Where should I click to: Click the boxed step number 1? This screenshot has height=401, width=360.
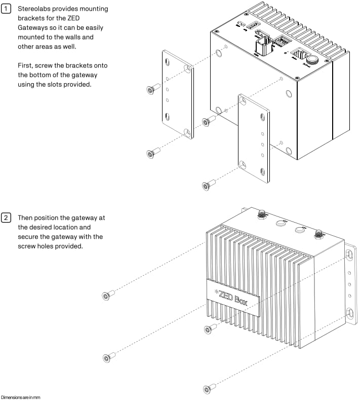(6, 10)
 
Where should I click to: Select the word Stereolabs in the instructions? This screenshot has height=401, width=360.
(35, 10)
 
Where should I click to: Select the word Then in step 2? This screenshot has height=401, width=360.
(26, 217)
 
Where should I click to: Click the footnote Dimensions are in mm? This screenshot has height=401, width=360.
(20, 397)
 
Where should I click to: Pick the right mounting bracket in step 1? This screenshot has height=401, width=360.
(254, 138)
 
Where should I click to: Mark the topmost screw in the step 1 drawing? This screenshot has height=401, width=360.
(150, 90)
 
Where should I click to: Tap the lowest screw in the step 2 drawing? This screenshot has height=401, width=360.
(207, 389)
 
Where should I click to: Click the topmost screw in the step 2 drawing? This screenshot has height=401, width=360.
(107, 295)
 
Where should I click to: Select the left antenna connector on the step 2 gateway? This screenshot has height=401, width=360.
(261, 215)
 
